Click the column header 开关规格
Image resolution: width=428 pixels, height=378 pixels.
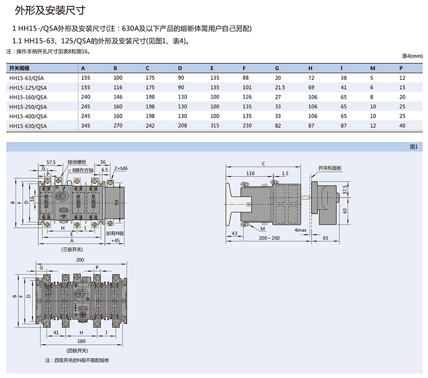20,68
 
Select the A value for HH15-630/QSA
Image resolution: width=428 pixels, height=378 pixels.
86,126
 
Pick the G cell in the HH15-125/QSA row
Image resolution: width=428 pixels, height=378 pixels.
280,87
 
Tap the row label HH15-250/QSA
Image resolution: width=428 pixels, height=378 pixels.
28,106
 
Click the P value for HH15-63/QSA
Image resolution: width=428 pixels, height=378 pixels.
402,77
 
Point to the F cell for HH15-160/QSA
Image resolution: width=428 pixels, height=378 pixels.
247,96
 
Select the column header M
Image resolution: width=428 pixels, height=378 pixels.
372,68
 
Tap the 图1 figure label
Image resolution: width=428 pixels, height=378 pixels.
414,147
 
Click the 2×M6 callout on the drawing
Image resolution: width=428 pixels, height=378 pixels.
121,168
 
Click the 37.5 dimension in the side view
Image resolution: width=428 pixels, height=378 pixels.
344,189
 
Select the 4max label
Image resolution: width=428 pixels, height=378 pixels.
300,230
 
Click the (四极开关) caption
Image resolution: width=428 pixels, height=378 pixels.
76,350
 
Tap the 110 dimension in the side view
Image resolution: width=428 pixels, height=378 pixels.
251,173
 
